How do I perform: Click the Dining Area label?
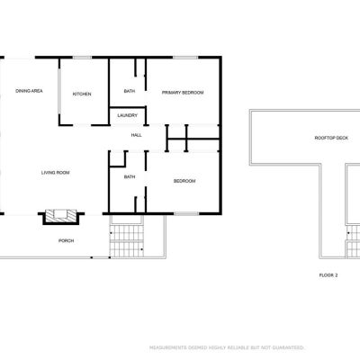click(x=29, y=91)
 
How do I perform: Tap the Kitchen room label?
click(x=82, y=94)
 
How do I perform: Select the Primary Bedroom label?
click(x=183, y=93)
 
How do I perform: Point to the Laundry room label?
click(x=128, y=115)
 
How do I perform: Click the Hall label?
click(x=136, y=135)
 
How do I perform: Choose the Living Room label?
click(x=56, y=173)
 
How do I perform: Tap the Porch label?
click(x=66, y=240)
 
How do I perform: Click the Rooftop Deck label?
click(x=331, y=138)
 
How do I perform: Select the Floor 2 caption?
click(x=328, y=274)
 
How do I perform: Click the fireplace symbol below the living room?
click(x=61, y=216)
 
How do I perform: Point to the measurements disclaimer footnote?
click(x=227, y=347)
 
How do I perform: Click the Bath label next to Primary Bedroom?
click(x=130, y=91)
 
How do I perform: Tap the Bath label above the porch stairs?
click(x=130, y=177)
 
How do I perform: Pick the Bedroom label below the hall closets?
click(x=184, y=181)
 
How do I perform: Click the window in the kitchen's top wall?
click(x=82, y=58)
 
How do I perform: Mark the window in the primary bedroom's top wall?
click(x=185, y=58)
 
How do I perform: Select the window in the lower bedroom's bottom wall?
click(x=186, y=213)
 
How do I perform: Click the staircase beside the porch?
click(x=127, y=240)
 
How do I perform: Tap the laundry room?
click(x=128, y=116)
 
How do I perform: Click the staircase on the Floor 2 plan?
click(x=354, y=241)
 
